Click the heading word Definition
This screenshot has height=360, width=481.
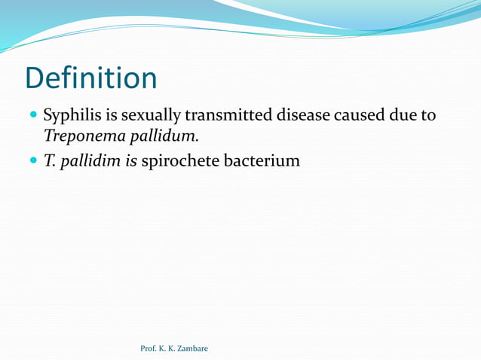tap(90, 78)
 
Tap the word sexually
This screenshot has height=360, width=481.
tap(149, 116)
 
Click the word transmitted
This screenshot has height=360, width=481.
tap(232, 116)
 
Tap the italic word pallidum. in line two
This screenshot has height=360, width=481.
tap(163, 137)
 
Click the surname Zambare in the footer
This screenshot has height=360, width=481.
tap(193, 348)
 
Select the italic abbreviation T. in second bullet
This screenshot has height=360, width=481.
tap(50, 160)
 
